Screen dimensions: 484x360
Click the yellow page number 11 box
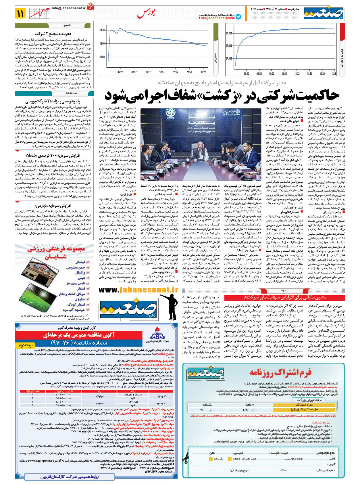coord(21,13)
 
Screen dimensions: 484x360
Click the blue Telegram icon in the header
coord(238,17)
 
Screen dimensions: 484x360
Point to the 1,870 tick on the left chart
coord(102,30)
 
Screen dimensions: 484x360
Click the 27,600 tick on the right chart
coord(229,46)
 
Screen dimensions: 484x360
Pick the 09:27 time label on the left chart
coord(120,72)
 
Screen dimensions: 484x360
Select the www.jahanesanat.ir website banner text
coord(138,290)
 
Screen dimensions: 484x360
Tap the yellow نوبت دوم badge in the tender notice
coord(26,345)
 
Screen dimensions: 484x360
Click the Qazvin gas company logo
coord(157,336)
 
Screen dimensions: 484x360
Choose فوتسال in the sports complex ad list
coord(80,262)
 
